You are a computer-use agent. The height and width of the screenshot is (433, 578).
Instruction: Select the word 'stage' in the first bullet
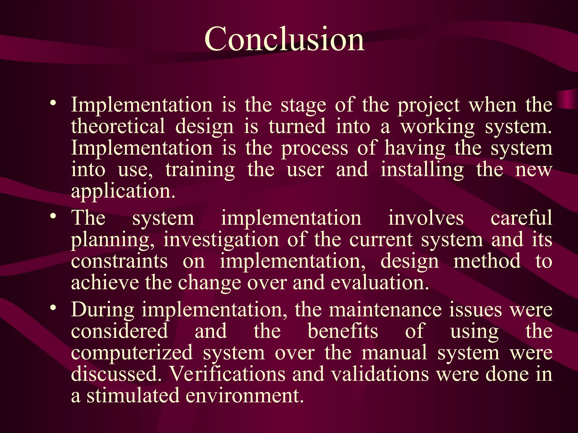pyautogui.click(x=303, y=105)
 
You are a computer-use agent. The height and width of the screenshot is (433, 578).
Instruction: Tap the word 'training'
pyautogui.click(x=200, y=170)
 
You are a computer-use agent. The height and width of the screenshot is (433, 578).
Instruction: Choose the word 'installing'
pyautogui.click(x=422, y=170)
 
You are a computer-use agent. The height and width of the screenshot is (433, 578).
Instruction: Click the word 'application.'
pyautogui.click(x=123, y=192)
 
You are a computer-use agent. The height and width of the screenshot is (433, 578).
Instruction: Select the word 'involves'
pyautogui.click(x=426, y=218)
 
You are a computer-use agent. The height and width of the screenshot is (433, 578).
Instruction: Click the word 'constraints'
pyautogui.click(x=119, y=261)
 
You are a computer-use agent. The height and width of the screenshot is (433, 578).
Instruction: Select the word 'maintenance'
pyautogui.click(x=385, y=310)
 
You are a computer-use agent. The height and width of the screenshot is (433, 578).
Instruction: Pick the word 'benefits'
pyautogui.click(x=343, y=331)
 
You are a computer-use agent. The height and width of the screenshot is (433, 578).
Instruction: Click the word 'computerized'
pyautogui.click(x=132, y=353)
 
